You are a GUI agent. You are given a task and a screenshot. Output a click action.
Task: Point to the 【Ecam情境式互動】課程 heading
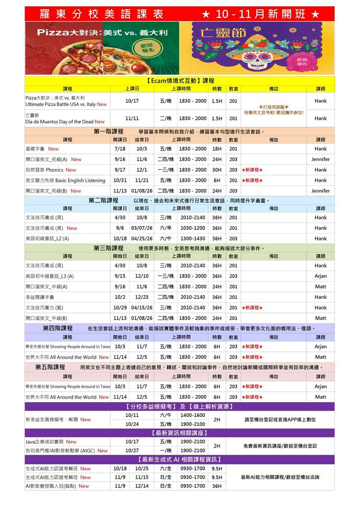tap(180, 81)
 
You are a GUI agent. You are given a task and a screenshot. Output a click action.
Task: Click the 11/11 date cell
tap(132, 118)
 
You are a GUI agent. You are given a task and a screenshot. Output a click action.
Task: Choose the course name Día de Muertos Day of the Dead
tap(60, 122)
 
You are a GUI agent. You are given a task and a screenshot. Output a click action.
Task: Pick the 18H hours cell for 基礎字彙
tap(217, 149)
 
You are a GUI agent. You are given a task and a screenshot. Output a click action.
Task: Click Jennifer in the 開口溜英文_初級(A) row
tap(320, 159)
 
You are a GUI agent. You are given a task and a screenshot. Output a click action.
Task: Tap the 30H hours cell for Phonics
tap(217, 170)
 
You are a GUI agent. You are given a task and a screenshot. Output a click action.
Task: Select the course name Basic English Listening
tap(65, 180)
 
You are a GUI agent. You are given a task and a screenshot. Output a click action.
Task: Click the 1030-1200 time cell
tap(192, 228)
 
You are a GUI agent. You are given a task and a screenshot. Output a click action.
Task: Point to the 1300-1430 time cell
tap(192, 238)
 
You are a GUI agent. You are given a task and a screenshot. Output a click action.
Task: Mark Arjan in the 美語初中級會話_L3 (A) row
tap(320, 276)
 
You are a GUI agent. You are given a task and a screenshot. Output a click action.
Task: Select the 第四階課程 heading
tap(58, 328)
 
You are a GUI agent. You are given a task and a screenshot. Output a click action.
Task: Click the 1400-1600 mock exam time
tap(192, 415)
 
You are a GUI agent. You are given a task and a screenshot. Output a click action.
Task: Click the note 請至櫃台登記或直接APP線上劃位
tap(280, 420)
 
